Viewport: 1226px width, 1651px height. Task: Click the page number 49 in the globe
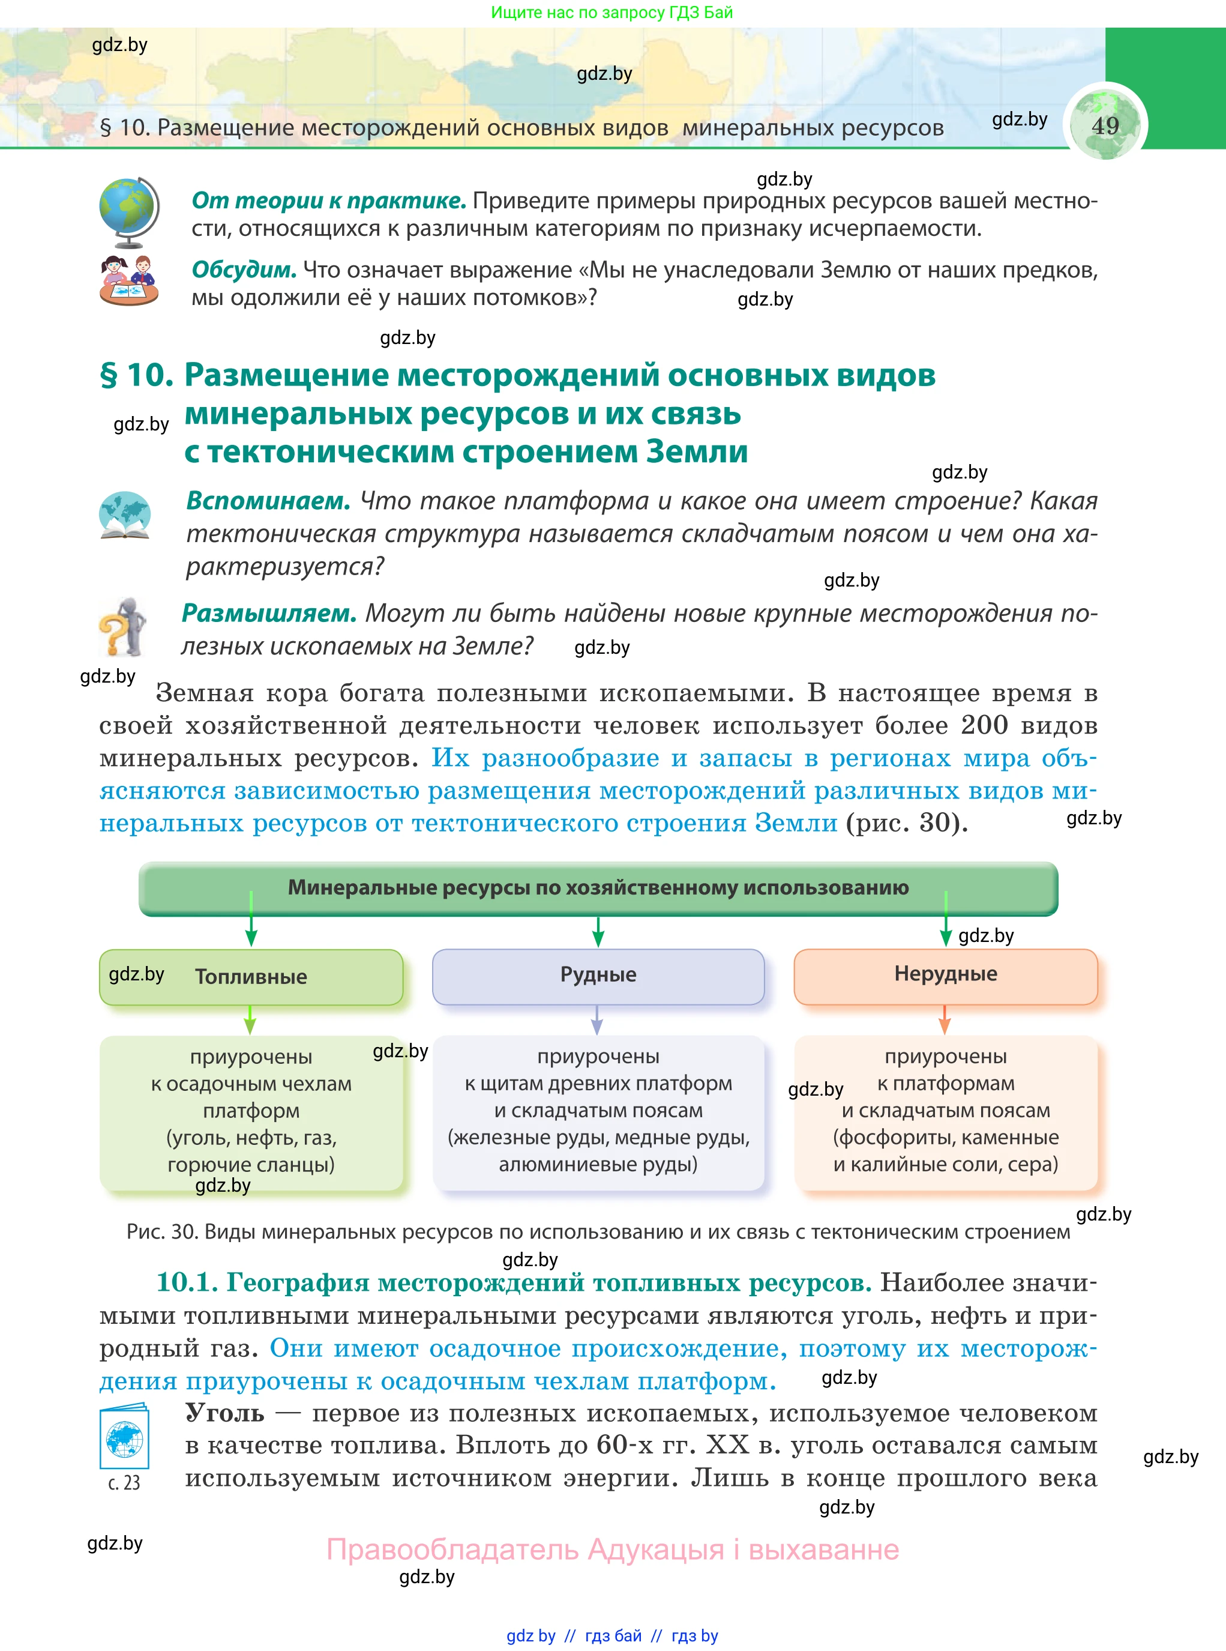[x=1105, y=125]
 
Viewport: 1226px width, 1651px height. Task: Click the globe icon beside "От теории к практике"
[x=129, y=211]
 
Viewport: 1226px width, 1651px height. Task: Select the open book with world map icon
[x=125, y=515]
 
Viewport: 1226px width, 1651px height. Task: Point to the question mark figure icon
[x=123, y=627]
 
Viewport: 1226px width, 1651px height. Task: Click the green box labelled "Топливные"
[x=251, y=977]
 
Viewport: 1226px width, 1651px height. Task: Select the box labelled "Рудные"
[x=598, y=976]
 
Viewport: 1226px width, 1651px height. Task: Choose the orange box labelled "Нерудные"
[x=946, y=975]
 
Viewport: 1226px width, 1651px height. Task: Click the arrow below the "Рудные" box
[x=596, y=1020]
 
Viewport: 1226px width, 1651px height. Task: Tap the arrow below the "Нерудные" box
[x=944, y=1020]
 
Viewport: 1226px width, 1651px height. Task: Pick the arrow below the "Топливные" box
[x=250, y=1021]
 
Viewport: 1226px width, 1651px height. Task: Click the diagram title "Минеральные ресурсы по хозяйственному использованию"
[x=598, y=888]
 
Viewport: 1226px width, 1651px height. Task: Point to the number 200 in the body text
[x=984, y=725]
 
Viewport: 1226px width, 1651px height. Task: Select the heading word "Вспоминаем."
[x=268, y=501]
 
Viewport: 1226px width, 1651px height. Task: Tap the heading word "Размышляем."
[x=269, y=613]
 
